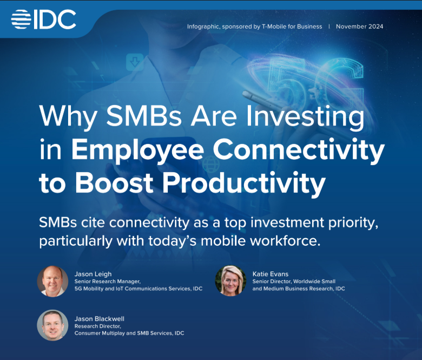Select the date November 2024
(359, 27)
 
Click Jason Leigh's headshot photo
(52, 281)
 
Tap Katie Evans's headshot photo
(231, 281)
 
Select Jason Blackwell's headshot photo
(52, 325)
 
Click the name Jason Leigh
(93, 274)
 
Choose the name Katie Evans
(271, 274)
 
